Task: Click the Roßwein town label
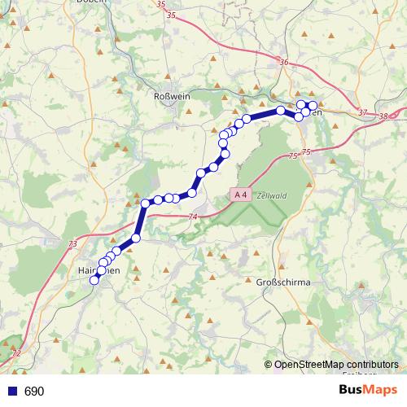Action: coord(171,95)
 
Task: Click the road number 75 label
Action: coord(293,155)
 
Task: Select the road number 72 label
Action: coord(17,353)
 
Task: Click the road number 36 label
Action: coord(283,63)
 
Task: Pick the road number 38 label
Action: coord(383,117)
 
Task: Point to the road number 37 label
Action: coord(361,112)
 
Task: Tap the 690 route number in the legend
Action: coord(34,392)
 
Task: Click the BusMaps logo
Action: coord(370,391)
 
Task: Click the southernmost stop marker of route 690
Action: coord(94,280)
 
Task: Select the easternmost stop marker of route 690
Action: coord(313,106)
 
